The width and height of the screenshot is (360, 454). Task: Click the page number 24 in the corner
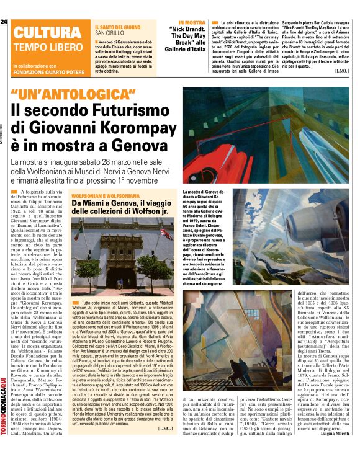[x=4, y=22]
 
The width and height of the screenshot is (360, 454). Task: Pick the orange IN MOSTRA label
[x=190, y=22]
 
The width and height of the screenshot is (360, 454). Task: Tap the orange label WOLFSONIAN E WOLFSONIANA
[x=102, y=195]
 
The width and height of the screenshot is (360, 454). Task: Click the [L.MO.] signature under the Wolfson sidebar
[x=166, y=428]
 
